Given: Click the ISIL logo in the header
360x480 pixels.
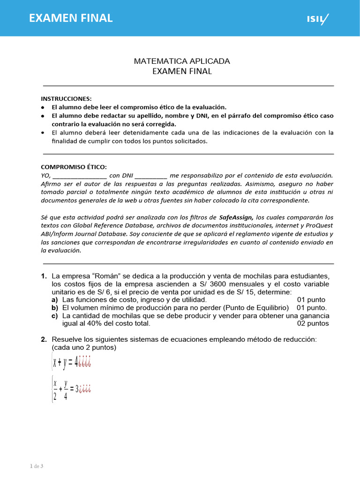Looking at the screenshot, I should tap(317, 19).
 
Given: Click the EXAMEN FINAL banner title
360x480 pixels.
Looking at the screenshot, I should tap(71, 18).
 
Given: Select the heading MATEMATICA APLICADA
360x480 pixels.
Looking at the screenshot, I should tap(182, 61).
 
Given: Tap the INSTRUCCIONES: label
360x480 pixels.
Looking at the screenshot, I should tap(67, 98).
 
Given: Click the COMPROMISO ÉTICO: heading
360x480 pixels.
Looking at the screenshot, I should tap(74, 167).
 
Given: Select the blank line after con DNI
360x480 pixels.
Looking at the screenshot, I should tap(150, 175).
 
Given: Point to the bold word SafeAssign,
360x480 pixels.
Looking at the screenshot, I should tap(236, 217).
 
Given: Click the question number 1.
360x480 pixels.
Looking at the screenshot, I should tap(44, 276).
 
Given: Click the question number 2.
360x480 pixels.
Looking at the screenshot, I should tap(44, 339).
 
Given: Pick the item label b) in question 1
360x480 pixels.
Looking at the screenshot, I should tap(55, 308).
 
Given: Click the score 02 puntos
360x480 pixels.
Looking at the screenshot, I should tap(313, 323).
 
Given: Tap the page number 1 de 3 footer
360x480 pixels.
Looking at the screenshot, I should tap(37, 466).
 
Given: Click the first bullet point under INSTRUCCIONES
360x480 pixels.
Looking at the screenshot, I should tap(43, 107).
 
